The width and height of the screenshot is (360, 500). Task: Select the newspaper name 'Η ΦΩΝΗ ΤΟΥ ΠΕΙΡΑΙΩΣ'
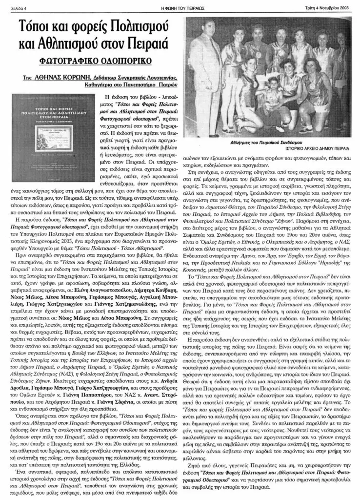tap(179, 7)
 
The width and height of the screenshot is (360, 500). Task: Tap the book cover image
tap(58, 122)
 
